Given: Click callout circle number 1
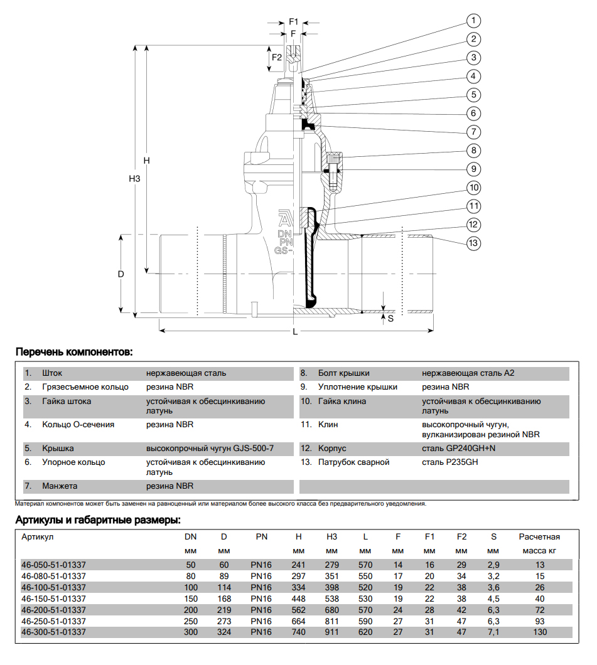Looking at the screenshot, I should [x=473, y=21].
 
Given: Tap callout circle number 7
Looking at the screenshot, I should [x=473, y=132].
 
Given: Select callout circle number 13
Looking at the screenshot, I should [x=473, y=243].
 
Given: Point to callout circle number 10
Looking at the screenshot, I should [x=473, y=188].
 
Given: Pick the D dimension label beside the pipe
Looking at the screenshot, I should [x=121, y=274].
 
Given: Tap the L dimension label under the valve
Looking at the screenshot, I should [x=295, y=332].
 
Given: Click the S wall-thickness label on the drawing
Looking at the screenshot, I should [x=390, y=318].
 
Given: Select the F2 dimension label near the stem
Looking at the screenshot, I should [x=276, y=58].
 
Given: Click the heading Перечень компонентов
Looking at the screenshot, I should [x=73, y=352].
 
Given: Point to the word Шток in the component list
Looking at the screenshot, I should [x=53, y=373].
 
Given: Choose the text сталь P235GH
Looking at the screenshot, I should [x=448, y=462].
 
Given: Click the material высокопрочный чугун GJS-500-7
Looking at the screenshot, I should [x=210, y=449].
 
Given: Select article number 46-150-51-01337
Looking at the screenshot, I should [x=53, y=598].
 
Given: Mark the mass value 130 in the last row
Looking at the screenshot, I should [x=539, y=632].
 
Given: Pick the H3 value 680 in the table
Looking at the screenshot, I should [x=332, y=610].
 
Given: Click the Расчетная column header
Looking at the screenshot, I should [x=539, y=537].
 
